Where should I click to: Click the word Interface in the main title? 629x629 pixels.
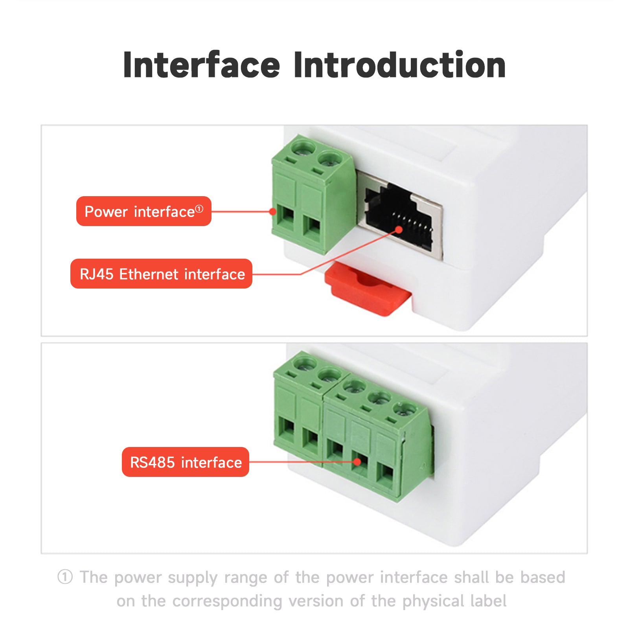click(201, 65)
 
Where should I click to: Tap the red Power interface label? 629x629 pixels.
click(143, 212)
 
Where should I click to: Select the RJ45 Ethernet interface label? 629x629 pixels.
click(162, 274)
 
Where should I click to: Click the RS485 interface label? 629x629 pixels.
click(186, 462)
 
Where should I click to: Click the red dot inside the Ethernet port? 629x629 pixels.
click(399, 230)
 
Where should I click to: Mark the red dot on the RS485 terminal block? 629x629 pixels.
click(357, 462)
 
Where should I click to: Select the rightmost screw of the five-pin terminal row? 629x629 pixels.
click(405, 409)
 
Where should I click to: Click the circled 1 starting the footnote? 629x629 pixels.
click(65, 577)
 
